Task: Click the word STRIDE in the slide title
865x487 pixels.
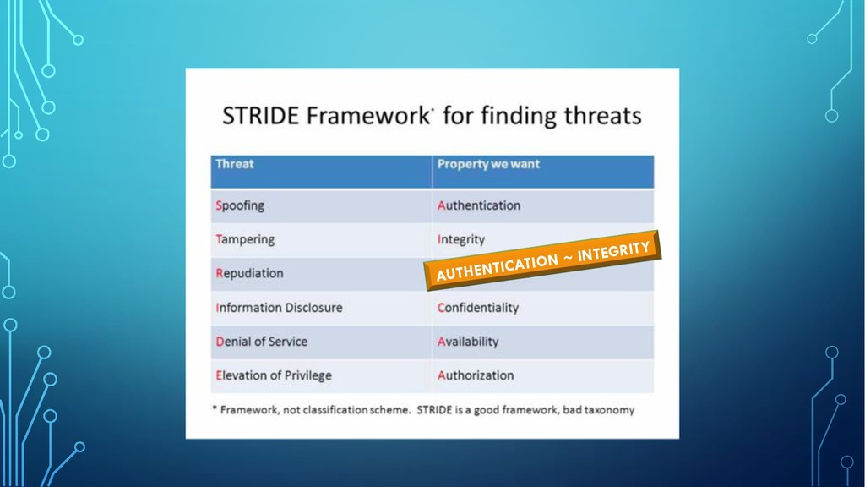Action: point(261,116)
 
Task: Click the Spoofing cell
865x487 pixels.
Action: point(321,206)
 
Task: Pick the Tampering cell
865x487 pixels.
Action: point(321,240)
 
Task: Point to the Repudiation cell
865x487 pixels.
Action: point(321,274)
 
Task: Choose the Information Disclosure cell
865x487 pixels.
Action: point(321,308)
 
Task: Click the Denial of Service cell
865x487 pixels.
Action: point(321,342)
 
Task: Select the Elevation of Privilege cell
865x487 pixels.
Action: point(321,376)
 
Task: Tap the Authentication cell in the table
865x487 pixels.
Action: point(543,206)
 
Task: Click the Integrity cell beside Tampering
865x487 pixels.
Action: point(543,240)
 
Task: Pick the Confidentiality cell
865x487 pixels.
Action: point(543,308)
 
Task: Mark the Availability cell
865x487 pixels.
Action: point(543,342)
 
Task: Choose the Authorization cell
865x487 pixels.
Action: point(543,376)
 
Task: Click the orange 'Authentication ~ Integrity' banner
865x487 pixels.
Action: point(542,260)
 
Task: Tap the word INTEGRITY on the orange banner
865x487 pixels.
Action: point(613,252)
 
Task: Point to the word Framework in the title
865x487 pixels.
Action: point(368,116)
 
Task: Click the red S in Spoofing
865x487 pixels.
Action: point(219,206)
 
